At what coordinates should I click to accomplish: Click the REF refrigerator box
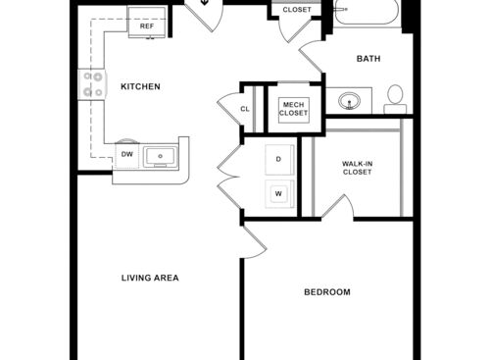click(147, 23)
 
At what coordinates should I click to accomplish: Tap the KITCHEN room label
click(140, 87)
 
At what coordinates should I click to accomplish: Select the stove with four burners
click(92, 84)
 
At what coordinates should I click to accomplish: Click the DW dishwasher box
click(127, 154)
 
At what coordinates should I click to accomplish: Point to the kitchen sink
click(158, 155)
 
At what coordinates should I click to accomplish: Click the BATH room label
click(368, 59)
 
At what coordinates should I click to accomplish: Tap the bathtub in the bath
click(367, 14)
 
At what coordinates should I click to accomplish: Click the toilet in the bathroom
click(396, 96)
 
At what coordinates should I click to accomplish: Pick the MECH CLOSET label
click(293, 108)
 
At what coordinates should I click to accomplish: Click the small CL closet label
click(245, 108)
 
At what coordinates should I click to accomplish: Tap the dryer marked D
click(278, 159)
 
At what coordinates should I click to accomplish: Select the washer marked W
click(278, 193)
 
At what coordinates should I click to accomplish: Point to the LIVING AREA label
click(150, 278)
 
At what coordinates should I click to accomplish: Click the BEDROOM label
click(326, 292)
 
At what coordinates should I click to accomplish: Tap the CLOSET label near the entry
click(297, 10)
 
